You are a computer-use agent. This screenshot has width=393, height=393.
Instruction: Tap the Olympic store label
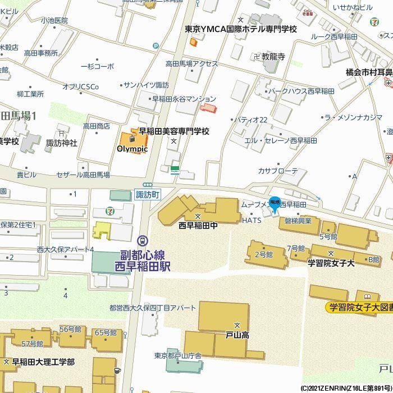pyautogui.click(x=132, y=149)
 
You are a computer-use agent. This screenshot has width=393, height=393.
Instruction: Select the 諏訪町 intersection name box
pyautogui.click(x=148, y=195)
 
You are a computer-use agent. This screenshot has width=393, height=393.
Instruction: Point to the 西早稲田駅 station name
pyautogui.click(x=142, y=266)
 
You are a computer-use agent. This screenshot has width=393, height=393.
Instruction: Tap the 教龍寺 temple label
pyautogui.click(x=272, y=57)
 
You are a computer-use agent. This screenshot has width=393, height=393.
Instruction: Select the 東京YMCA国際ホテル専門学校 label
pyautogui.click(x=241, y=29)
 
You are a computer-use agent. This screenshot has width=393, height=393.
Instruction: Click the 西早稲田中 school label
pyautogui.click(x=197, y=226)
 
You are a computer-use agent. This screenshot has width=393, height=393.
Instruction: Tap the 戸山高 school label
pyautogui.click(x=237, y=335)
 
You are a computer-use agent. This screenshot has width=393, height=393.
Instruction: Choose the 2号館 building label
pyautogui.click(x=264, y=254)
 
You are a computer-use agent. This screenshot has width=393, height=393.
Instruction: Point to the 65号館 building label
pyautogui.click(x=105, y=332)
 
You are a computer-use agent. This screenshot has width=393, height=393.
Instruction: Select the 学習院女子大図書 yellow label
pyautogui.click(x=359, y=307)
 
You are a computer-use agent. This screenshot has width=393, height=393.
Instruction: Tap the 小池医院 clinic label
pyautogui.click(x=54, y=20)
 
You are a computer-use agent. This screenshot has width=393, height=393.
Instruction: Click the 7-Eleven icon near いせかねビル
pyautogui.click(x=374, y=22)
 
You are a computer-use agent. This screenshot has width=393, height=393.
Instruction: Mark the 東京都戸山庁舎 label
pyautogui.click(x=178, y=355)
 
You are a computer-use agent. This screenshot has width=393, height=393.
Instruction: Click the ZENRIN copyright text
pyautogui.click(x=346, y=388)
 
